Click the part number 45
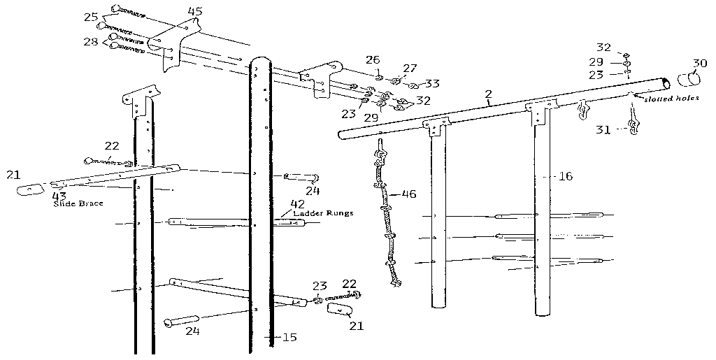(x=195, y=11)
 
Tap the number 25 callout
(x=91, y=17)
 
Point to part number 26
(x=373, y=60)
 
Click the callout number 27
(x=410, y=69)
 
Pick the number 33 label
(x=432, y=84)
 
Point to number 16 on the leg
(x=565, y=176)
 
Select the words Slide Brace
(x=76, y=204)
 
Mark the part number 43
(x=59, y=196)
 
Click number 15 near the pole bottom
(x=288, y=337)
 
